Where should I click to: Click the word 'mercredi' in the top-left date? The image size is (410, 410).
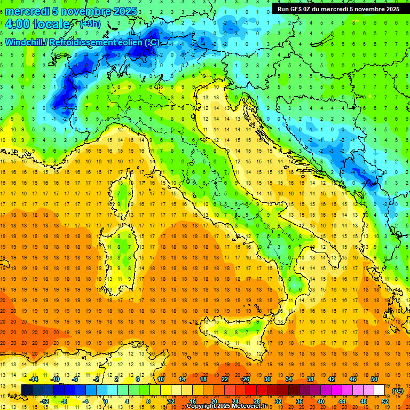(28, 11)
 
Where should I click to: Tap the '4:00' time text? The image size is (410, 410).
(17, 24)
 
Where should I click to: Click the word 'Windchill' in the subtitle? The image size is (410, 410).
(26, 42)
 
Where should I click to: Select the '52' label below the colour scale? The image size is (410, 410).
(385, 401)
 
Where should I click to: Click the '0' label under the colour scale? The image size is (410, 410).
(105, 401)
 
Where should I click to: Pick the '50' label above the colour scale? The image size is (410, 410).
(374, 379)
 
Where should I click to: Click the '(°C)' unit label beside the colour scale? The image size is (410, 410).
(397, 390)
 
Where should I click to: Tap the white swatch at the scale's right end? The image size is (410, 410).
(380, 390)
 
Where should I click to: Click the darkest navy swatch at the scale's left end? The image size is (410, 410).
(27, 390)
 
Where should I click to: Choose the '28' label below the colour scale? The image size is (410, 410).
(256, 401)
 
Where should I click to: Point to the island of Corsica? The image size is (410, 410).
(124, 190)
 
